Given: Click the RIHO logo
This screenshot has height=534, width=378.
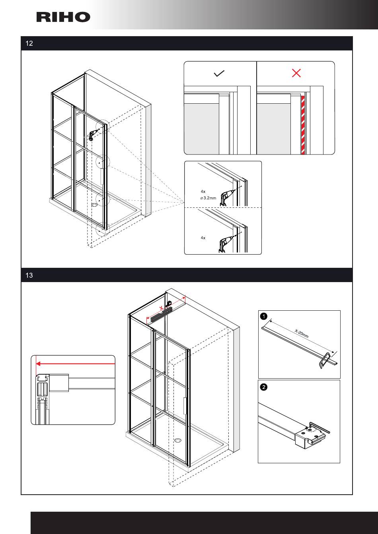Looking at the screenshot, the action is [63, 17].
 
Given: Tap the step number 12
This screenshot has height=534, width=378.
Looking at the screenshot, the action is [29, 43].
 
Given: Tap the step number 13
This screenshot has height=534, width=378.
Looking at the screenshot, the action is [29, 275].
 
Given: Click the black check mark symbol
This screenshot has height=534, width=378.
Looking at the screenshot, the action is [219, 74].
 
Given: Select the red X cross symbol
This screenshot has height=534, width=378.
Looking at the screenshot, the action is [296, 73].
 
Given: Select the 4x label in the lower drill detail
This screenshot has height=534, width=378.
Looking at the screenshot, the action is [203, 238].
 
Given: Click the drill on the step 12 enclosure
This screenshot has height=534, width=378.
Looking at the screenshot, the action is [93, 135].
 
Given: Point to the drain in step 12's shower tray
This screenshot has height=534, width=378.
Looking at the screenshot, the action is [95, 205].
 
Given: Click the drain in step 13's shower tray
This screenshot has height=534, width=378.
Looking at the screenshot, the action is [178, 440].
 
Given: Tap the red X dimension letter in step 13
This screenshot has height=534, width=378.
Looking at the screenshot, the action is [161, 308].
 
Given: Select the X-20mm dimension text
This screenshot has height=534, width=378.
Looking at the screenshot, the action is [302, 333].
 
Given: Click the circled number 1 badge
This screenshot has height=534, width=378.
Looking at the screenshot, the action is [263, 317].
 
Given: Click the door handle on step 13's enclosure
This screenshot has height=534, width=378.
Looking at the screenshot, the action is [185, 406].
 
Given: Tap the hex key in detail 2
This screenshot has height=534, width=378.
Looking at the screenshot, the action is [321, 428].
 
